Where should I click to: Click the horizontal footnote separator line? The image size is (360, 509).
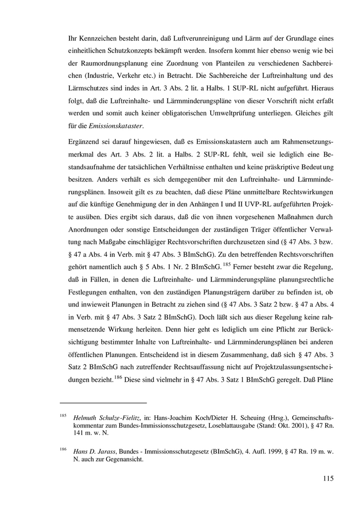103,403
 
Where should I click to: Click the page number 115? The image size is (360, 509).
328,479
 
